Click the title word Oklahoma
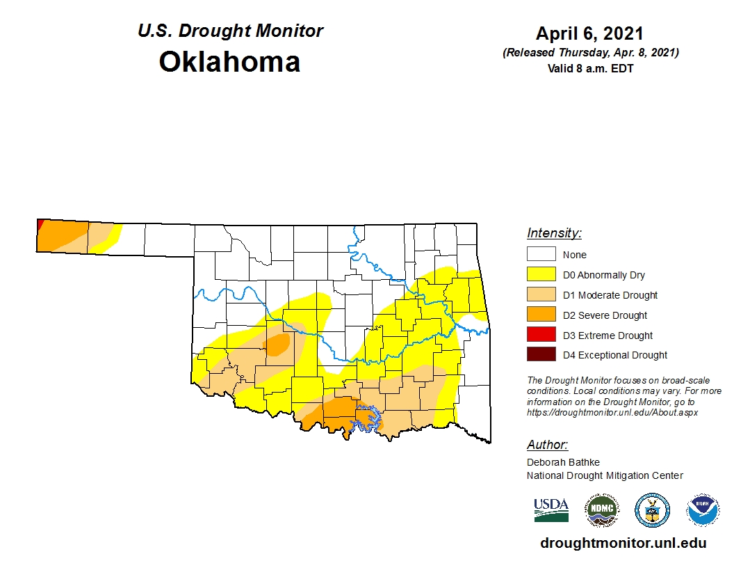pos(229,62)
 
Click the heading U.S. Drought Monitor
pos(230,31)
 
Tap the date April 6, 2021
pos(589,33)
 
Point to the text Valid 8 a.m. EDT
pos(589,68)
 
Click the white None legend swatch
pos(541,255)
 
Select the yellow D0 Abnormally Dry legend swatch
pos(541,275)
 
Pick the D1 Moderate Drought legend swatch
pos(541,295)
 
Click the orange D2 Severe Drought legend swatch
pos(541,315)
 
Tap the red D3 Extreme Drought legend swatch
pos(541,335)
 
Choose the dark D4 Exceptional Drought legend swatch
pos(541,355)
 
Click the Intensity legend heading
pos(554,233)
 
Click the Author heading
pos(547,445)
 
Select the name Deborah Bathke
pos(563,462)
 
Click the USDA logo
pos(551,510)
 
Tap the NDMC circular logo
pos(601,510)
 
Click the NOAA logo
pos(703,510)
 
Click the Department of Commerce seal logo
pos(652,510)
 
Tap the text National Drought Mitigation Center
pos(605,475)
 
